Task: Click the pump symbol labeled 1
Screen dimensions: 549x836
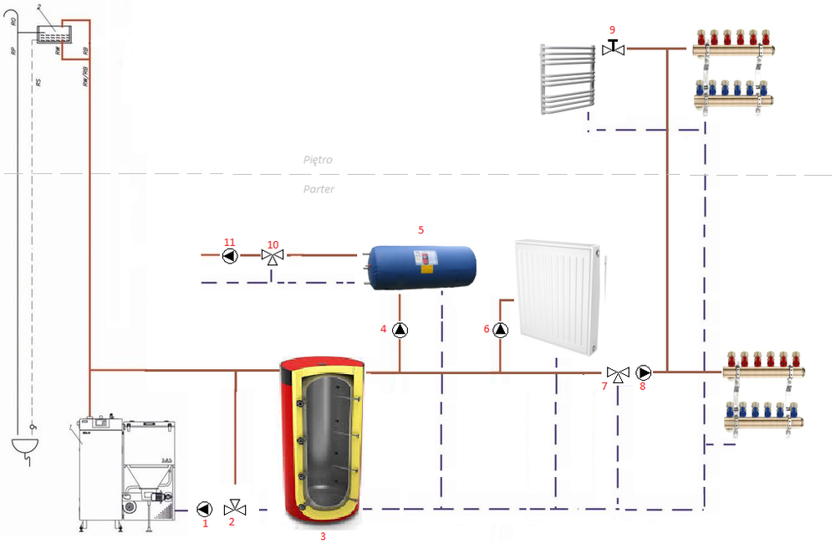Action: (x=205, y=508)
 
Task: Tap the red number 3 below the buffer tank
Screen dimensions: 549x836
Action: (x=323, y=536)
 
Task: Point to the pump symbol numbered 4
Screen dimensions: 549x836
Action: (x=400, y=330)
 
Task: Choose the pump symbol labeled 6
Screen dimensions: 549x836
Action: (x=500, y=330)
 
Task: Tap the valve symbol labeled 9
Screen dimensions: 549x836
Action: (x=613, y=49)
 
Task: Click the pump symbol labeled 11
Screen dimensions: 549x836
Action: (x=231, y=256)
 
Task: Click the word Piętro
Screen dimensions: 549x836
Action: (x=319, y=159)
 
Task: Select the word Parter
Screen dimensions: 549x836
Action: (x=319, y=189)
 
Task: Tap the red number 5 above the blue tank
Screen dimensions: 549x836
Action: (x=421, y=228)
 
